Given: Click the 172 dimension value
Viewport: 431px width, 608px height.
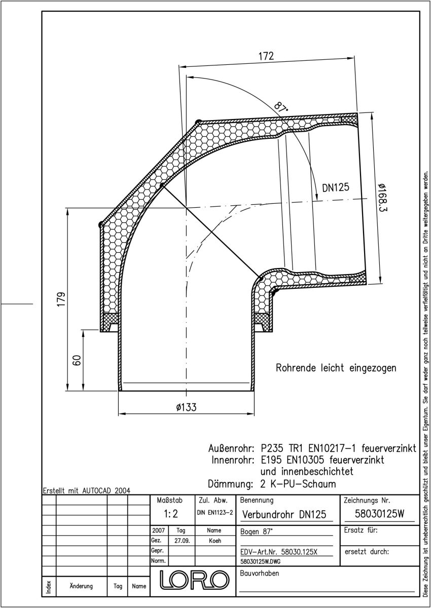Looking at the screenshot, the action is point(266,56).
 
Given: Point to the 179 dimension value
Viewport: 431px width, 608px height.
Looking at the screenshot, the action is point(61,299).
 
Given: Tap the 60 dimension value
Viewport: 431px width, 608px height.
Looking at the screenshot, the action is point(78,360).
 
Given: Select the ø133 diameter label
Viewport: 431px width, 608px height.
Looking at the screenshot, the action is point(186,407).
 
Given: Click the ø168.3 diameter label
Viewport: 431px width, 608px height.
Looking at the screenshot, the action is point(382,198).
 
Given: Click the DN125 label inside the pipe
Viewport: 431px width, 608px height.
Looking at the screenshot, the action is point(336,187).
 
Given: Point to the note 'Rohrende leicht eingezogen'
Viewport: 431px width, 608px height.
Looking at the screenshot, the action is point(336,368).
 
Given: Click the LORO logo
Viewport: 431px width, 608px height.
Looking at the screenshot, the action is point(194,580).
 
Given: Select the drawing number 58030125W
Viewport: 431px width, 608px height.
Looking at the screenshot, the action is point(380,514).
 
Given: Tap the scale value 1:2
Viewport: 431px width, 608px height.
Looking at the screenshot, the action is point(171,514).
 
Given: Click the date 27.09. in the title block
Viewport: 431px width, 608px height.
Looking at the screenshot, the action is point(182,541).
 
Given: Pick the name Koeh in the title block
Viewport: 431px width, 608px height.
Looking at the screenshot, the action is point(215,541).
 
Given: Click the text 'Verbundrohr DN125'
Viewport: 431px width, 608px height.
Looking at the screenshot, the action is point(284,514).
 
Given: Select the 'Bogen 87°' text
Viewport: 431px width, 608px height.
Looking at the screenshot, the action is point(256,531).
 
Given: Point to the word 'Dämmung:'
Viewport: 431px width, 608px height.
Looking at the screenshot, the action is point(230,484).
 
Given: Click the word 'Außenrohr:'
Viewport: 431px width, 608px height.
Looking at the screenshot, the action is point(231,448).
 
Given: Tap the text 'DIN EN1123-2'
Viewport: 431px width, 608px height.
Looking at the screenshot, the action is point(215,513).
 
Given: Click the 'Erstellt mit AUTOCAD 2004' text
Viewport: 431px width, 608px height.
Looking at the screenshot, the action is point(87,491).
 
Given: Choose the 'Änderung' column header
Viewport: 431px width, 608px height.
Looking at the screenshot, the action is point(81,586).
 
